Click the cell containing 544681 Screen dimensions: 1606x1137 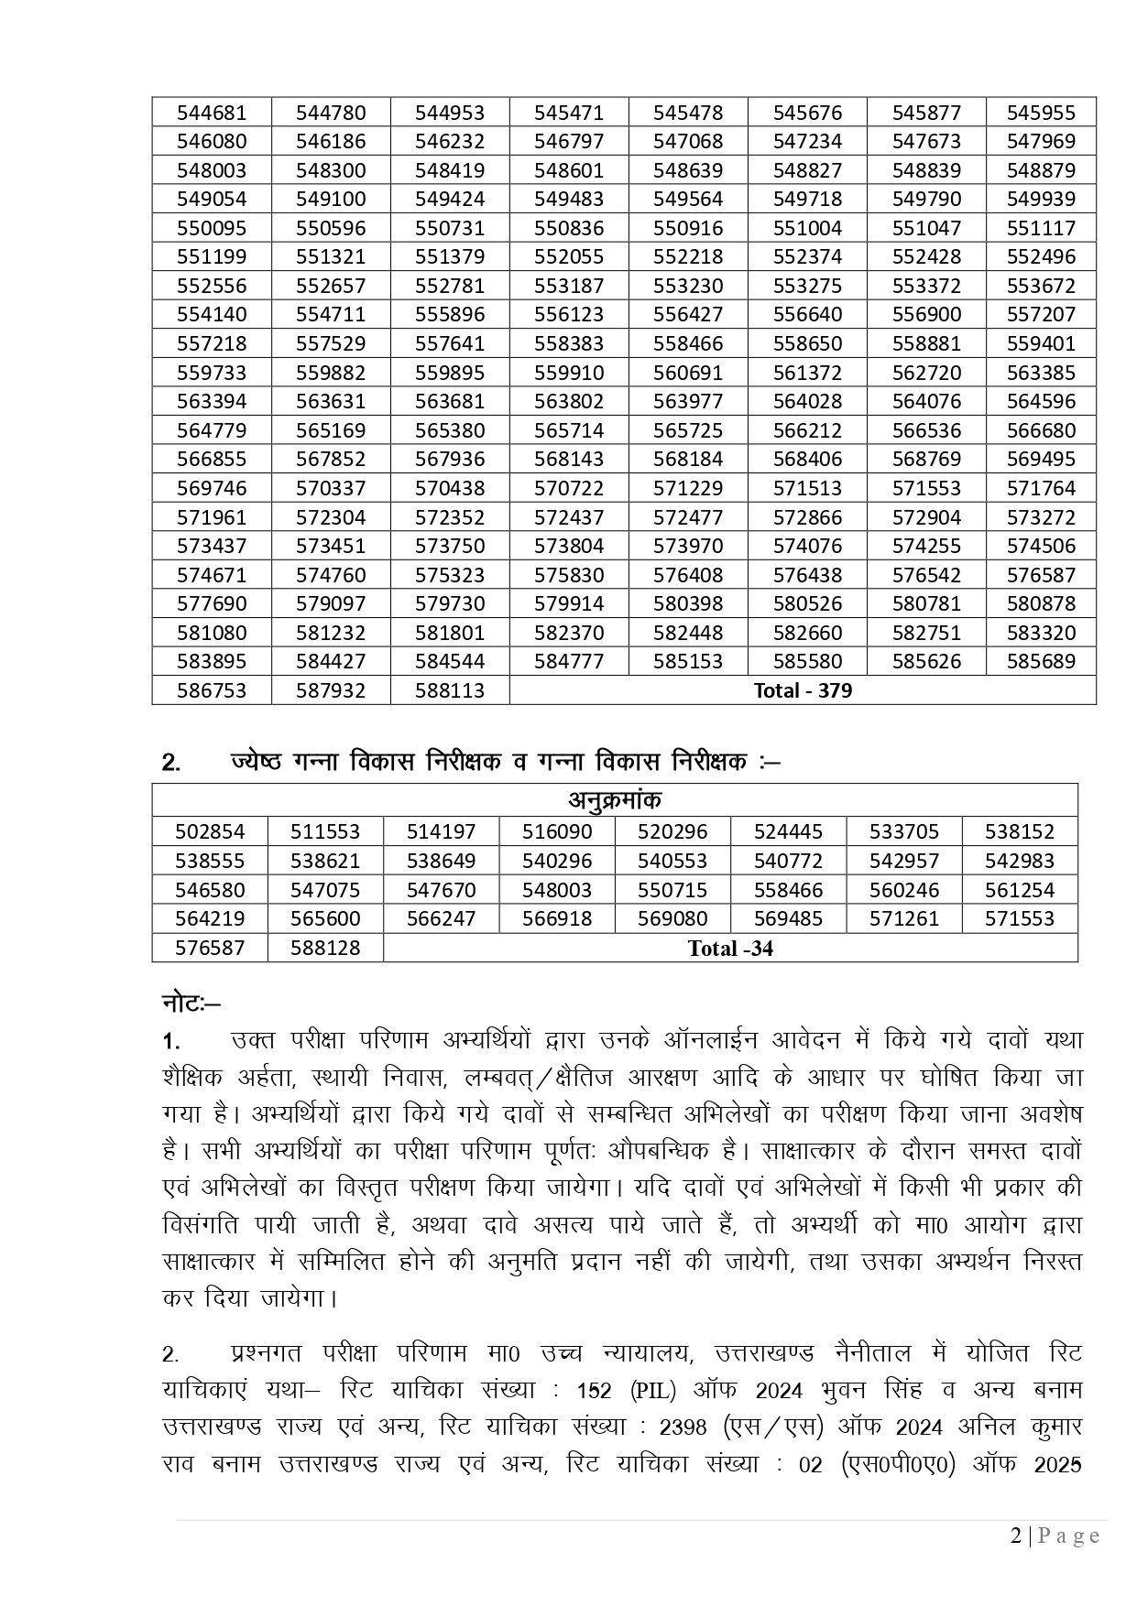pos(212,113)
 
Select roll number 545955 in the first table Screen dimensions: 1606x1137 pos(1041,113)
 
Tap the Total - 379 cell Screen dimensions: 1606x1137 pos(803,690)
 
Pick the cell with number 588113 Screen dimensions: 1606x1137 pos(450,690)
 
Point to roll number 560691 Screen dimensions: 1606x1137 pos(688,373)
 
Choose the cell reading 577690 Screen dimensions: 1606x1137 pos(212,603)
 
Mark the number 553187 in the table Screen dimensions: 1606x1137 pos(569,286)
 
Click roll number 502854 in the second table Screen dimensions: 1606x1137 pos(210,831)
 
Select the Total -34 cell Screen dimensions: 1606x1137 pos(730,949)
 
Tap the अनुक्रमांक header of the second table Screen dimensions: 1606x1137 pos(614,800)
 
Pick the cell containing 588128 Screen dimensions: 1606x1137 pos(325,948)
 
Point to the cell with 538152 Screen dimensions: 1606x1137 pos(1020,831)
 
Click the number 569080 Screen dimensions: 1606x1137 pos(672,918)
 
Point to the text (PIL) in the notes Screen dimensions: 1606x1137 pos(652,1391)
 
